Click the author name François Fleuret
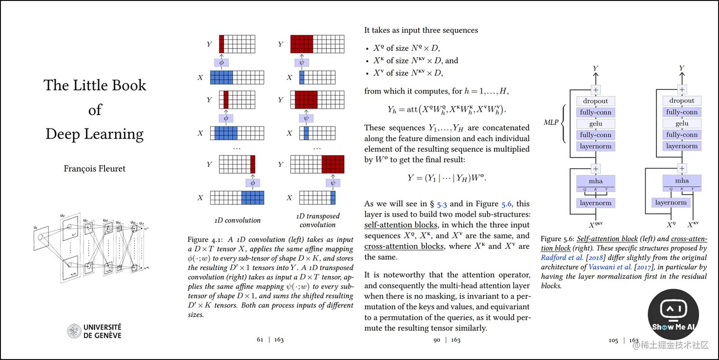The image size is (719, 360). (x=95, y=168)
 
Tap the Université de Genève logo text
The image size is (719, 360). (x=102, y=331)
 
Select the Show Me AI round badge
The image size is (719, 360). (x=673, y=314)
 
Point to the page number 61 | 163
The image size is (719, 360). (x=270, y=340)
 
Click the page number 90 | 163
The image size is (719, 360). (x=447, y=340)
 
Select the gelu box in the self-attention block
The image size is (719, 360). (x=595, y=124)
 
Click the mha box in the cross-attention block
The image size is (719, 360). (x=682, y=181)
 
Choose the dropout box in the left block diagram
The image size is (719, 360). (x=595, y=101)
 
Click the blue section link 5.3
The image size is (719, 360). (x=442, y=204)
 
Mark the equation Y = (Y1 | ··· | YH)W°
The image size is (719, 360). (x=447, y=178)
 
